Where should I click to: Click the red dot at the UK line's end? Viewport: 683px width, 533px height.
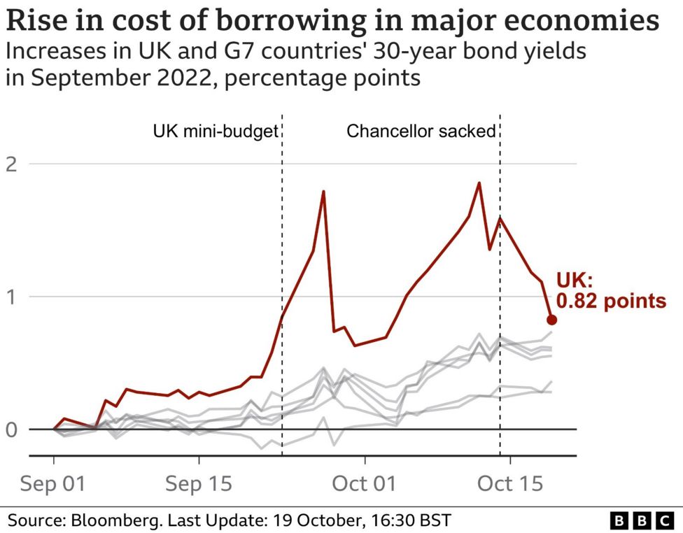point(551,320)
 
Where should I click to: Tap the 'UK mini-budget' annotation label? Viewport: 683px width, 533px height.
point(216,132)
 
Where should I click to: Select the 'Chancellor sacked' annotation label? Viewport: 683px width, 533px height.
point(421,132)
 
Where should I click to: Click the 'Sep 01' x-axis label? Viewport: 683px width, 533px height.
point(54,483)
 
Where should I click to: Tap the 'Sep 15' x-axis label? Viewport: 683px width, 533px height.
point(199,483)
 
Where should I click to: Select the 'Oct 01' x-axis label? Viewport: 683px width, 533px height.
point(364,483)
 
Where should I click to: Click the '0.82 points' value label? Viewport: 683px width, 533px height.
point(610,301)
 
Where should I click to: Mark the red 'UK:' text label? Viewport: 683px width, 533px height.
point(575,281)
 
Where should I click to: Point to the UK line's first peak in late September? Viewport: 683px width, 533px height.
point(323,191)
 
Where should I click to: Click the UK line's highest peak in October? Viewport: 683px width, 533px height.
point(479,183)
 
